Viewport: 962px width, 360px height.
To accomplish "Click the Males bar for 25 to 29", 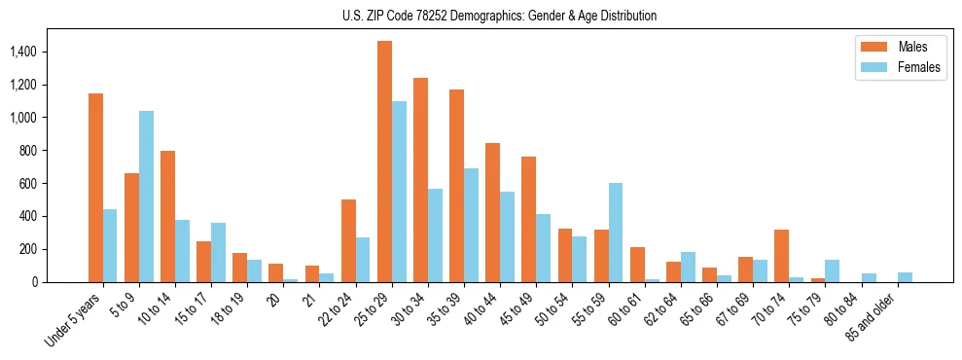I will (x=384, y=162).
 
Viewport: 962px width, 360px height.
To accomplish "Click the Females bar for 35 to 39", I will (x=471, y=225).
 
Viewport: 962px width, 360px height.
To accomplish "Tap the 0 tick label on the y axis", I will (x=60, y=282).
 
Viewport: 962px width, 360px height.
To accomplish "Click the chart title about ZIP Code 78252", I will (x=499, y=16).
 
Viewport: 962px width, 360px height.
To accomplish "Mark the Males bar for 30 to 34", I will (x=420, y=180).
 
